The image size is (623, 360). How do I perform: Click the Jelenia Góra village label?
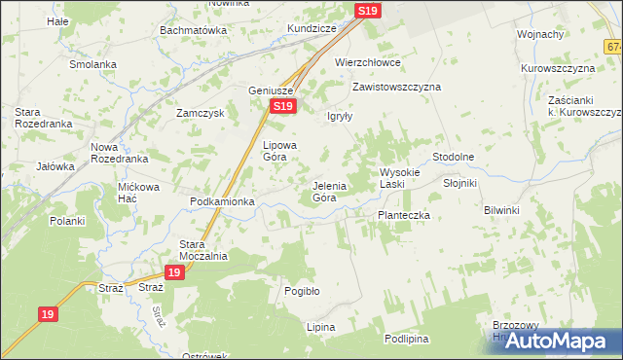click(324, 191)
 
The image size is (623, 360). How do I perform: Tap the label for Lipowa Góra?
click(279, 150)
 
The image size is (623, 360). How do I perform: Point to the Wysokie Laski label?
click(399, 178)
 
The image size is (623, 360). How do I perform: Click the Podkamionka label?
click(222, 201)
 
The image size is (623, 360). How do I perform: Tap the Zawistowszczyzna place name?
click(396, 87)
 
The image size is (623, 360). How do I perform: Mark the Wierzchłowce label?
click(368, 62)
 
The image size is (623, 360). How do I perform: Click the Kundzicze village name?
click(311, 29)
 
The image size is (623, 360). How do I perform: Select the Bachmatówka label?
click(194, 30)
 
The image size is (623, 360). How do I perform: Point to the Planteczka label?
click(404, 215)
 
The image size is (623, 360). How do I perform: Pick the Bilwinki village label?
click(502, 210)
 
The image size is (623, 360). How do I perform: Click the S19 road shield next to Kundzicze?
click(367, 11)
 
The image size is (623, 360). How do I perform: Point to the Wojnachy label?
click(541, 34)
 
